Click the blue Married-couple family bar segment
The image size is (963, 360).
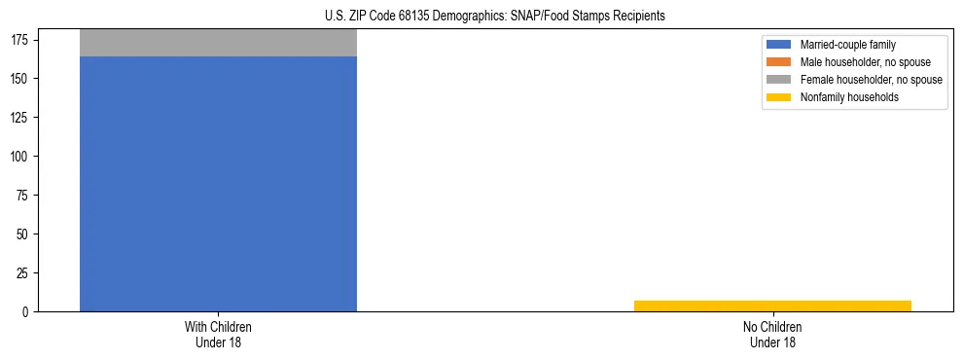click(218, 185)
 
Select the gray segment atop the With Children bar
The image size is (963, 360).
click(218, 43)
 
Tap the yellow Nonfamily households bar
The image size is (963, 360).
click(772, 306)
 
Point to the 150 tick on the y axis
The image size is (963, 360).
click(22, 78)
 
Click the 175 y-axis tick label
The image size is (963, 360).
click(22, 39)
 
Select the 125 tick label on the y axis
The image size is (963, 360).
click(22, 118)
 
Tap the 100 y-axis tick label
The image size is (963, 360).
click(22, 157)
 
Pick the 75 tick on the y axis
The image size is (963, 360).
click(25, 196)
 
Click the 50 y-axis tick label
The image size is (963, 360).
click(25, 234)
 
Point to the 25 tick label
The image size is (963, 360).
click(25, 273)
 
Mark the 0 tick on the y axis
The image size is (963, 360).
click(28, 312)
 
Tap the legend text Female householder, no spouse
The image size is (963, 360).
click(871, 80)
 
